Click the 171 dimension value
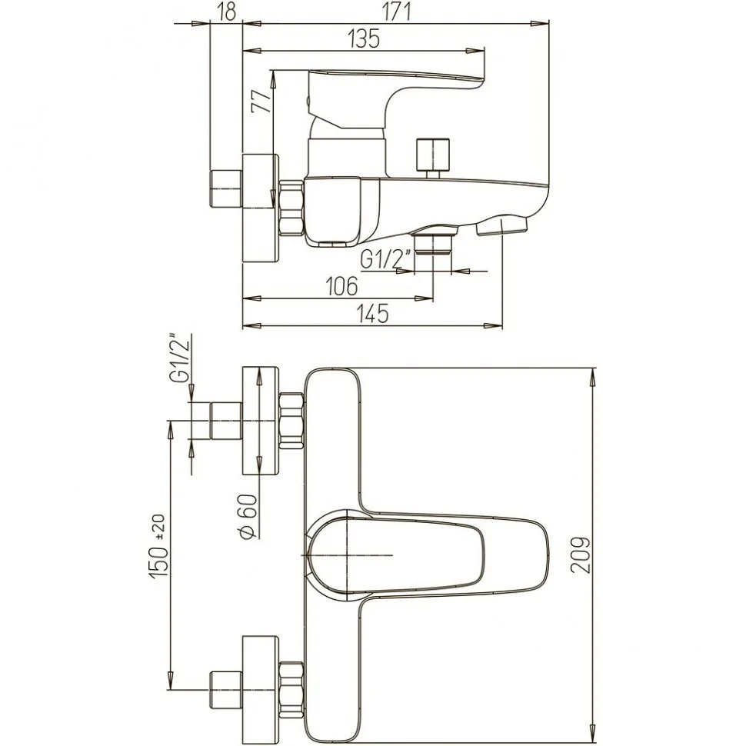tap(396, 12)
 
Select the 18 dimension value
tap(228, 12)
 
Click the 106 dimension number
tap(341, 287)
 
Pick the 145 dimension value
tap(373, 314)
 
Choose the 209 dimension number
tap(580, 555)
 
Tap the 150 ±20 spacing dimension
tap(159, 546)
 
